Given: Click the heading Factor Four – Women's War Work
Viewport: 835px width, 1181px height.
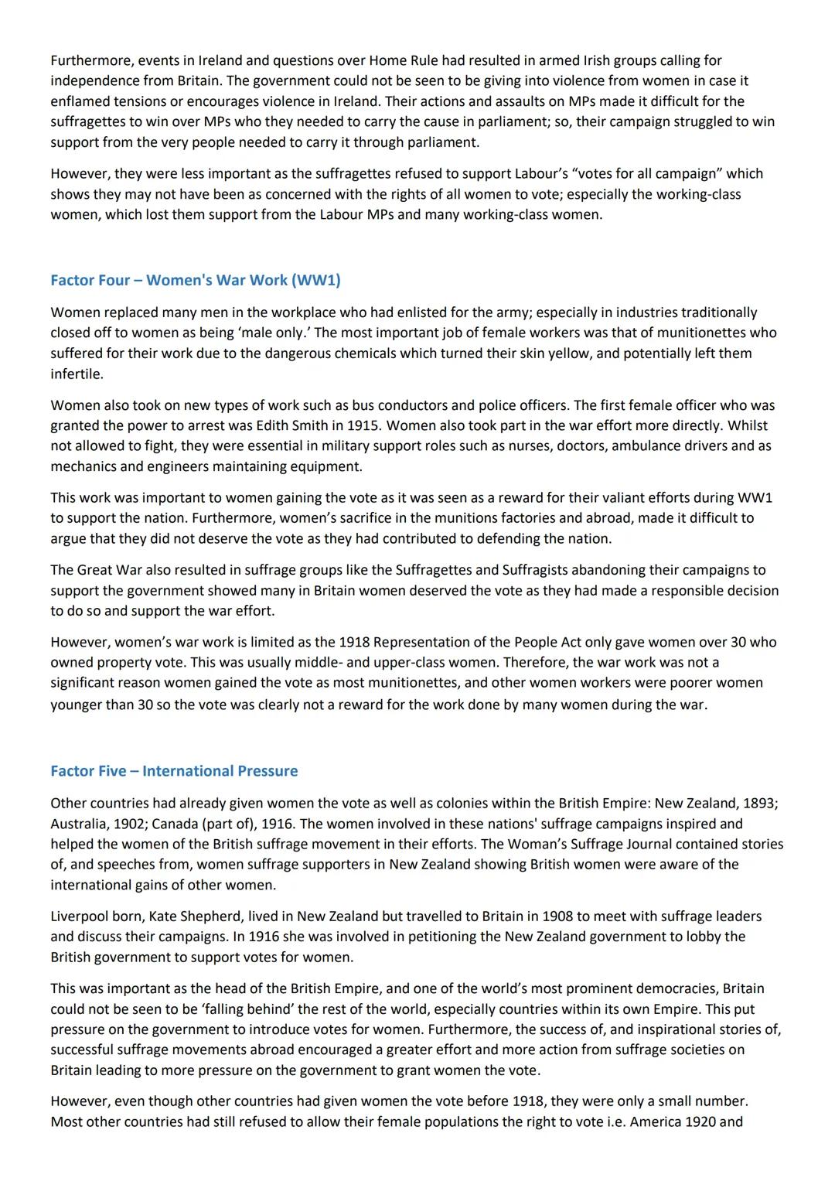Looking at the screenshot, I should pyautogui.click(x=195, y=280).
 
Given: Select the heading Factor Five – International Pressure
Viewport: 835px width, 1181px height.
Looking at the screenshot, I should pyautogui.click(x=174, y=771).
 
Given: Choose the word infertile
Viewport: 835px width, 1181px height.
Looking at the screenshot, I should pyautogui.click(x=76, y=374).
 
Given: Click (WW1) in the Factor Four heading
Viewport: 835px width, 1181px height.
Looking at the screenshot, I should pyautogui.click(x=315, y=280).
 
